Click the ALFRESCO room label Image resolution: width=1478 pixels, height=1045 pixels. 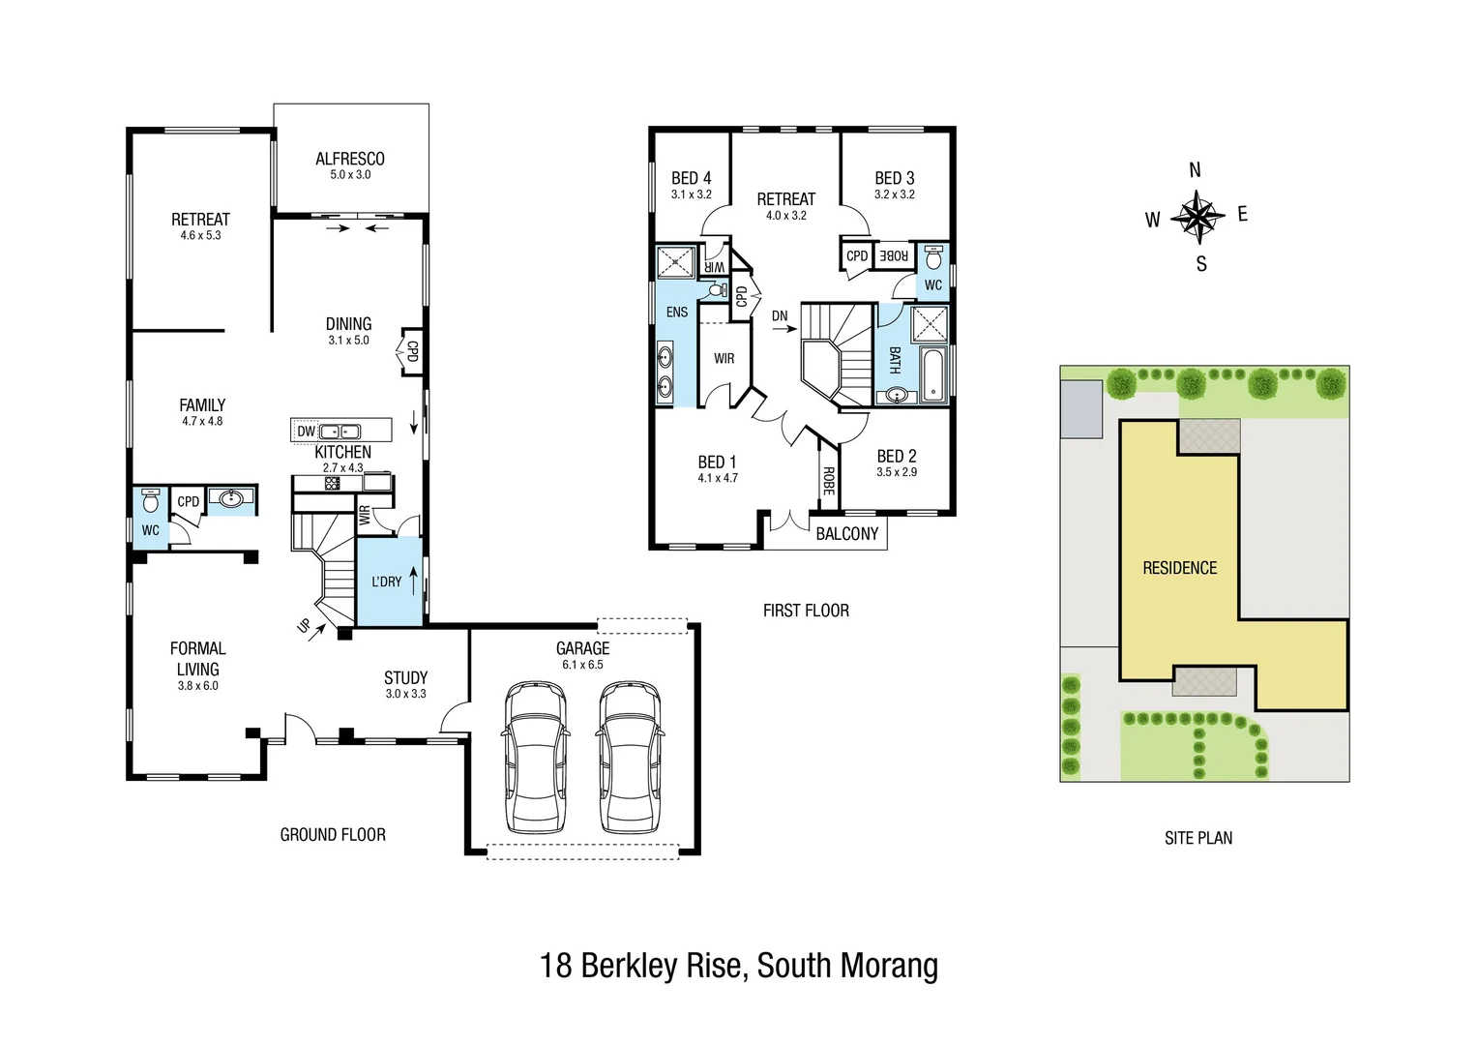pyautogui.click(x=350, y=159)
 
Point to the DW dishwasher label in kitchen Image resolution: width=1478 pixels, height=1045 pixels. pyautogui.click(x=306, y=432)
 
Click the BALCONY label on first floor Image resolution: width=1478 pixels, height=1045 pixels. pyautogui.click(x=846, y=534)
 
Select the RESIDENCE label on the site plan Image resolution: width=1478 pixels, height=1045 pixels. pyautogui.click(x=1179, y=568)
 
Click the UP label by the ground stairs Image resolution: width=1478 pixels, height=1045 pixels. pyautogui.click(x=305, y=627)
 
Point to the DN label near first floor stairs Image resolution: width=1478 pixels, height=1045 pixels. pyautogui.click(x=780, y=316)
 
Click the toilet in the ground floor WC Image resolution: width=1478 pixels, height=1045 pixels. pyautogui.click(x=150, y=501)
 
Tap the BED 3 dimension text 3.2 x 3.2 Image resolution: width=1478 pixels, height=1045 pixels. pyautogui.click(x=894, y=194)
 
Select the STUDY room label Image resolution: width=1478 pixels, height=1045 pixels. pyautogui.click(x=405, y=677)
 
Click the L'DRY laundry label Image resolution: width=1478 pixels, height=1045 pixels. pyautogui.click(x=386, y=582)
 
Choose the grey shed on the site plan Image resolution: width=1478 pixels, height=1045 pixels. pyautogui.click(x=1081, y=408)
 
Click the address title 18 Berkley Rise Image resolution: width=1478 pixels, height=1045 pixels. pyautogui.click(x=738, y=966)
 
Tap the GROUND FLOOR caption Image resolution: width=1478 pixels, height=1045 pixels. pyautogui.click(x=333, y=834)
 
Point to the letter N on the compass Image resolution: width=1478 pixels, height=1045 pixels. pyautogui.click(x=1195, y=170)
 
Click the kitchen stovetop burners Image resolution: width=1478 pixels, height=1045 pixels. pyautogui.click(x=332, y=483)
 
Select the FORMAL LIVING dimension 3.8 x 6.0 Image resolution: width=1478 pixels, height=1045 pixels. pyautogui.click(x=197, y=686)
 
